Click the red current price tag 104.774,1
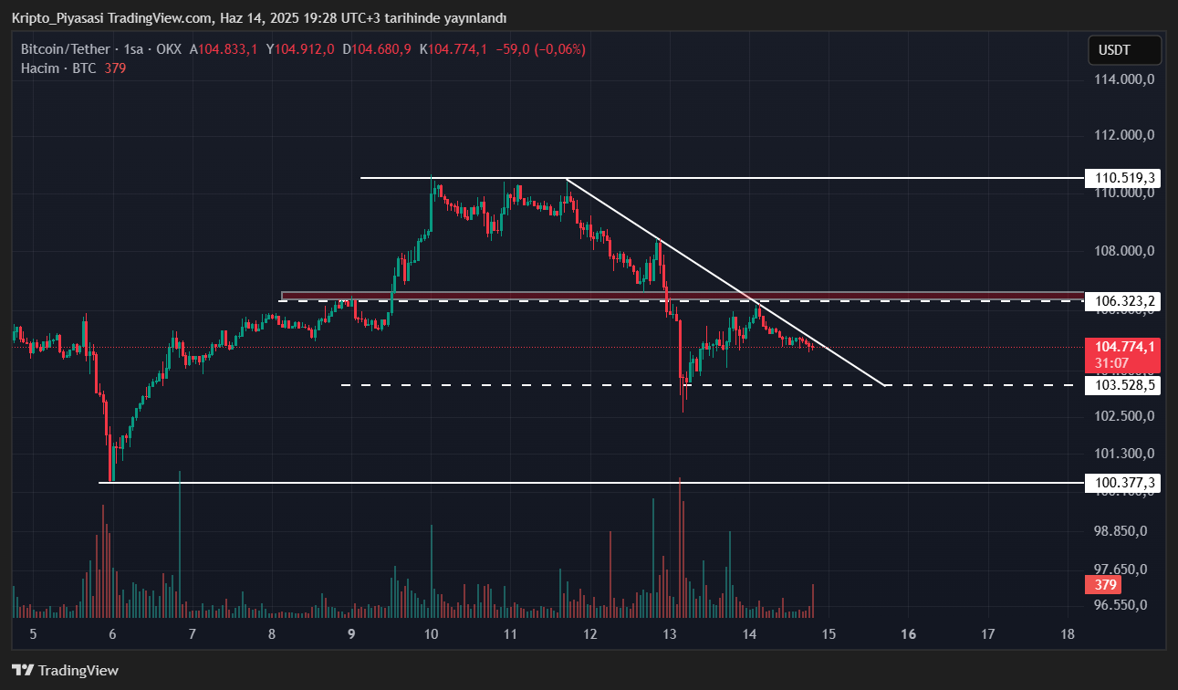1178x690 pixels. [1124, 347]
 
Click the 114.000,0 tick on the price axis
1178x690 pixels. [1125, 79]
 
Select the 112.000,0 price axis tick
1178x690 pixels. [1125, 135]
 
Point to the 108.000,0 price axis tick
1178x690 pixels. [1125, 251]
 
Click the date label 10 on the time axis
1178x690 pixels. [431, 633]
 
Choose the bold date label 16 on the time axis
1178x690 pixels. [909, 633]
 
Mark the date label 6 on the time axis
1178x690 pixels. [112, 633]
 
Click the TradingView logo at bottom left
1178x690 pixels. [65, 671]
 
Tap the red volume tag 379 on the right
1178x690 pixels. [1106, 585]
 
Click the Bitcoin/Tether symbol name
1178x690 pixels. [65, 49]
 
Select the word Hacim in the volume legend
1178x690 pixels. [40, 68]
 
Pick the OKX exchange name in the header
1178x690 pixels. [169, 49]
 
